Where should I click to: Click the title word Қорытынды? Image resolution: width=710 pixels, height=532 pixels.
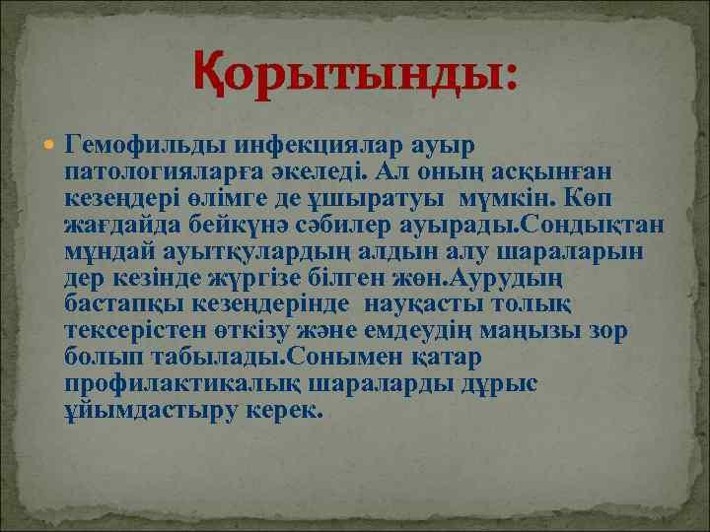tap(354, 74)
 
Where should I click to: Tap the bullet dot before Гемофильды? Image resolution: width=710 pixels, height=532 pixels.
tap(50, 145)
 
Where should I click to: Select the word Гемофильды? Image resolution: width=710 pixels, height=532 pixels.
tap(146, 145)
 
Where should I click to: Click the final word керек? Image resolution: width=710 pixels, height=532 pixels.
tap(287, 411)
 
